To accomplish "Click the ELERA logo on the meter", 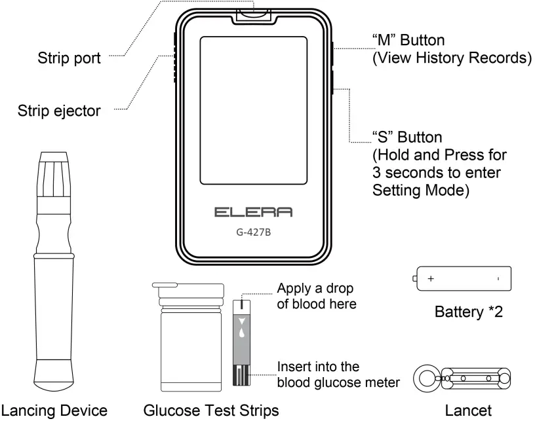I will tap(253, 213).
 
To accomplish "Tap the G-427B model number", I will tap(253, 231).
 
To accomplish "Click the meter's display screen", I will tap(253, 110).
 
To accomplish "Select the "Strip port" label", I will tap(68, 60).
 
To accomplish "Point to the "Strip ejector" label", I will tap(59, 110).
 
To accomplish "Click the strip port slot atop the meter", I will tap(254, 11).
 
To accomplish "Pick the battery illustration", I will tap(462, 278).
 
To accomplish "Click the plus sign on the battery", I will tap(431, 279).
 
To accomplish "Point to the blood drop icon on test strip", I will tap(243, 332).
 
